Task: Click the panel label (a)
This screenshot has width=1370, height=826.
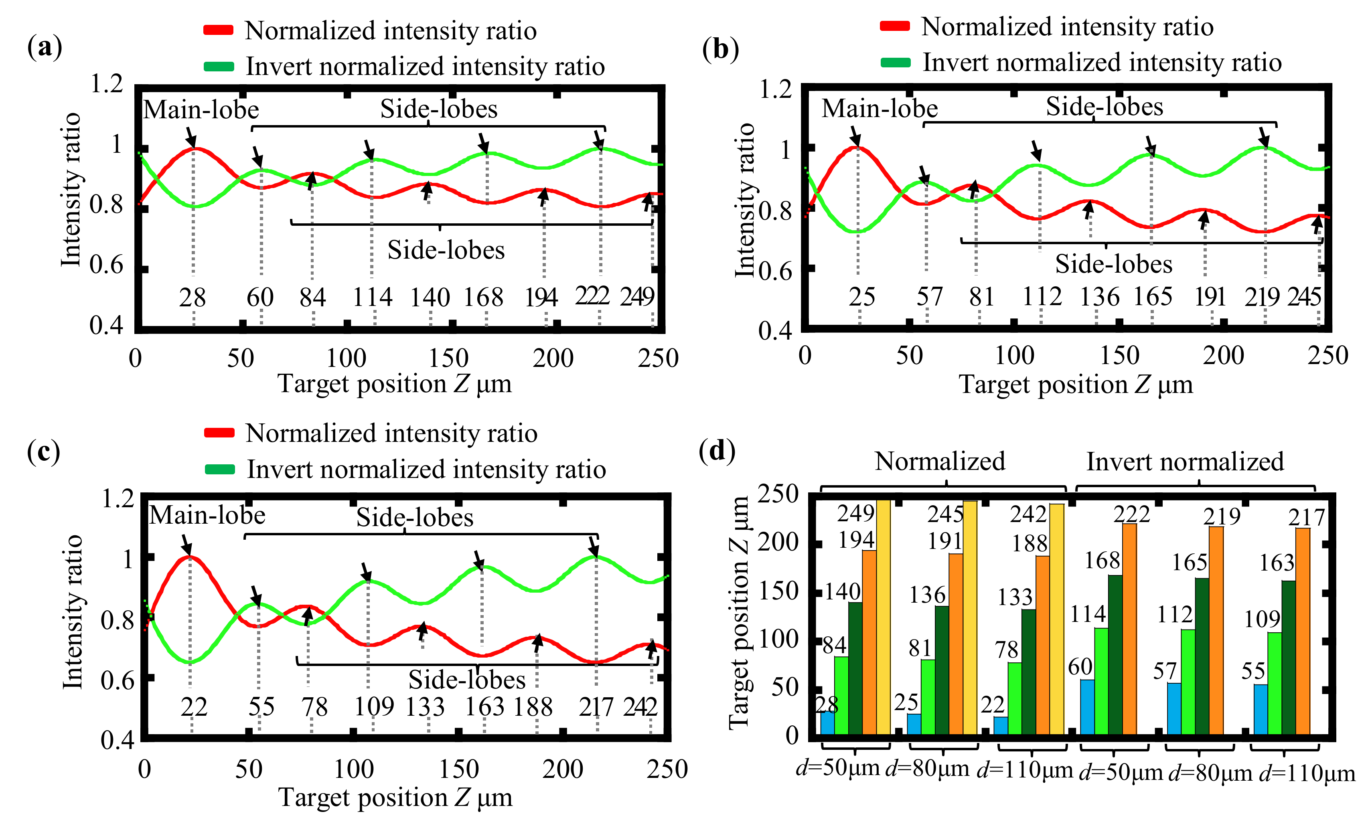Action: pyautogui.click(x=45, y=47)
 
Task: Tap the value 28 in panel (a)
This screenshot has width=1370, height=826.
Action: pyautogui.click(x=193, y=298)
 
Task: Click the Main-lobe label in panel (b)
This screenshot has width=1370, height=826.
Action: pyautogui.click(x=880, y=108)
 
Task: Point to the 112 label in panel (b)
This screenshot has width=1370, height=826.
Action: pyautogui.click(x=1042, y=297)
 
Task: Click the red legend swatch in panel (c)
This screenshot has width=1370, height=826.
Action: pyautogui.click(x=219, y=433)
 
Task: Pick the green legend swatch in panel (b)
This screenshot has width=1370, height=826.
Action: pyautogui.click(x=895, y=63)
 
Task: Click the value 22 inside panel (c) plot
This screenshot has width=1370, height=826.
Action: pyautogui.click(x=193, y=707)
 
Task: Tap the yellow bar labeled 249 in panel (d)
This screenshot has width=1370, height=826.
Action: pyautogui.click(x=884, y=617)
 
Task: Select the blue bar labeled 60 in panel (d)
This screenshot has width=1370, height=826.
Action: pyautogui.click(x=1087, y=707)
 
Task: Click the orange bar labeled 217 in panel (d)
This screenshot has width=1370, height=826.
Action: pyautogui.click(x=1303, y=631)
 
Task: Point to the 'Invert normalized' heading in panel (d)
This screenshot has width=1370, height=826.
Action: pyautogui.click(x=1185, y=462)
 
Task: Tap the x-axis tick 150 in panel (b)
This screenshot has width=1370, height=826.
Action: pyautogui.click(x=1119, y=356)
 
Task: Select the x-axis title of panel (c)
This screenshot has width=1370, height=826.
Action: pyautogui.click(x=395, y=798)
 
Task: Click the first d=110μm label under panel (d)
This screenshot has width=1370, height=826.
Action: pyautogui.click(x=1025, y=770)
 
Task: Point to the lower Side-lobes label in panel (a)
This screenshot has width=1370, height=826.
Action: pyautogui.click(x=446, y=250)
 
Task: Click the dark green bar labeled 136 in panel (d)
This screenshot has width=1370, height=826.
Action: pyautogui.click(x=942, y=670)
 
